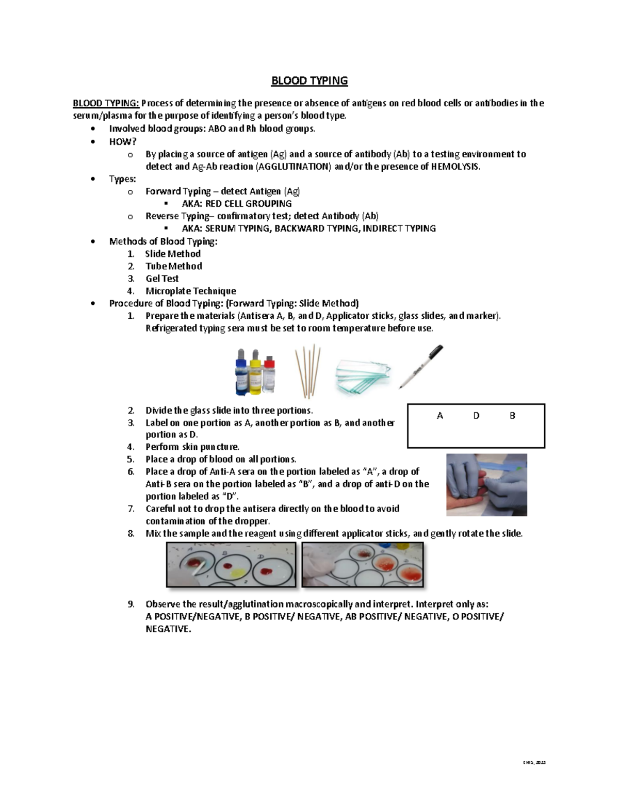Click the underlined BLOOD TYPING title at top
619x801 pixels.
click(x=309, y=81)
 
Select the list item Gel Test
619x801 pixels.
click(x=162, y=279)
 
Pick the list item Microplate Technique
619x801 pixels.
click(x=190, y=291)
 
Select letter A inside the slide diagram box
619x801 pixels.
click(x=440, y=416)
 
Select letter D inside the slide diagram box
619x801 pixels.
click(x=476, y=416)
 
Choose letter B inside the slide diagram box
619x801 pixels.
click(x=512, y=416)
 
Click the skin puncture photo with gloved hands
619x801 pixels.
click(x=486, y=485)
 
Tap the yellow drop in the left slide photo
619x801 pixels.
click(x=237, y=573)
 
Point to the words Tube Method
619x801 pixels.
click(x=173, y=266)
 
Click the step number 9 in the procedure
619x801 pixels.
click(x=131, y=604)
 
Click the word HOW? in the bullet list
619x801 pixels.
click(x=123, y=141)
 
